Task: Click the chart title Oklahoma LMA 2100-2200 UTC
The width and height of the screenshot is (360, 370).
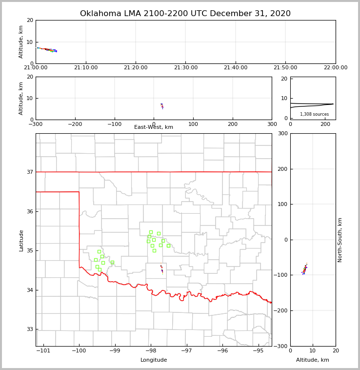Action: coord(185,14)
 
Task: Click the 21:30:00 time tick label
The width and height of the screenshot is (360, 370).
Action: coord(186,68)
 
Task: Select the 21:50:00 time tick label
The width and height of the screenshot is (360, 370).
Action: coord(285,68)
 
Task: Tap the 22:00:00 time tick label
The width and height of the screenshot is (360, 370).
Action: coord(335,68)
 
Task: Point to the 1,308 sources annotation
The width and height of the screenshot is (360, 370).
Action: coord(314,114)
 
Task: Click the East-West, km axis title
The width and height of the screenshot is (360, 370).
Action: coord(154,127)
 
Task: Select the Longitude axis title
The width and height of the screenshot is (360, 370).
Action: coord(154,360)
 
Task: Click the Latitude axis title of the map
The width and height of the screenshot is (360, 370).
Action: coord(21,240)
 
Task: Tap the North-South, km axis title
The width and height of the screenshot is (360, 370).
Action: coord(340,240)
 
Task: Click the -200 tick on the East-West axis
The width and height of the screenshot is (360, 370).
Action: coord(75,124)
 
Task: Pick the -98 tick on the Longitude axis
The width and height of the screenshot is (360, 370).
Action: coord(151,351)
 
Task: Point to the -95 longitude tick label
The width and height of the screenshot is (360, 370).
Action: coord(259,351)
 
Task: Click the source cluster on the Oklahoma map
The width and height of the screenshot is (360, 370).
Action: coord(161,268)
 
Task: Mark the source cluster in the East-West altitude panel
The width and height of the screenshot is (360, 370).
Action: coord(162,105)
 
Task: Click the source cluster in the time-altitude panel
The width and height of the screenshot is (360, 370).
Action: coord(47,49)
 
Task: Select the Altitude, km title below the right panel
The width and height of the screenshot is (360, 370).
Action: coord(313,360)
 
